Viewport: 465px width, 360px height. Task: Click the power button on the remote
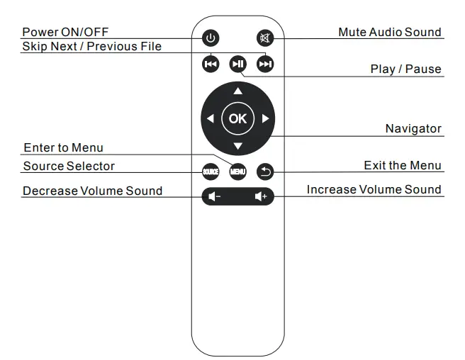pos(211,38)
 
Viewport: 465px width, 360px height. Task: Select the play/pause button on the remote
pos(238,64)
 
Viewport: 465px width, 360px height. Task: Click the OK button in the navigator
pos(237,118)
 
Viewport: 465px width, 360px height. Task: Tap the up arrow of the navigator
pos(238,91)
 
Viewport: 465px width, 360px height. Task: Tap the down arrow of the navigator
pos(238,147)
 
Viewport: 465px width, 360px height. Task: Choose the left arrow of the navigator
pos(210,119)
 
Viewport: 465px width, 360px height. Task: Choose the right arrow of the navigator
pos(266,119)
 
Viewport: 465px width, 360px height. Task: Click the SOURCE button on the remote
pos(211,171)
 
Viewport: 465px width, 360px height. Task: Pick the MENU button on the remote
pos(237,171)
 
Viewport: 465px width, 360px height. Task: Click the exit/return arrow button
pos(265,171)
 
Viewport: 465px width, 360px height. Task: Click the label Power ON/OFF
pos(65,32)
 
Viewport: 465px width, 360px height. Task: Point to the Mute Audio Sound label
pos(389,32)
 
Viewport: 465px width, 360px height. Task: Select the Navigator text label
pos(413,128)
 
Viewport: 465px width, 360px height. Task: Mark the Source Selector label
pos(69,166)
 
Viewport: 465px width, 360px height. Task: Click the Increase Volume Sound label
pos(374,189)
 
